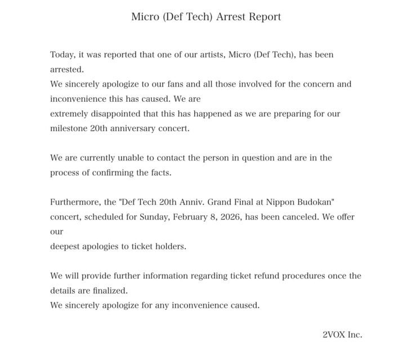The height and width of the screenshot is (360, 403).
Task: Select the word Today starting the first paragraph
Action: coord(62,55)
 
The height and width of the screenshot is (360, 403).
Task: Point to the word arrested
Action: coord(66,70)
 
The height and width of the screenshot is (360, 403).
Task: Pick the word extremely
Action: coord(71,114)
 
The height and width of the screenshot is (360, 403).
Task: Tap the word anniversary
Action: coord(136,128)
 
